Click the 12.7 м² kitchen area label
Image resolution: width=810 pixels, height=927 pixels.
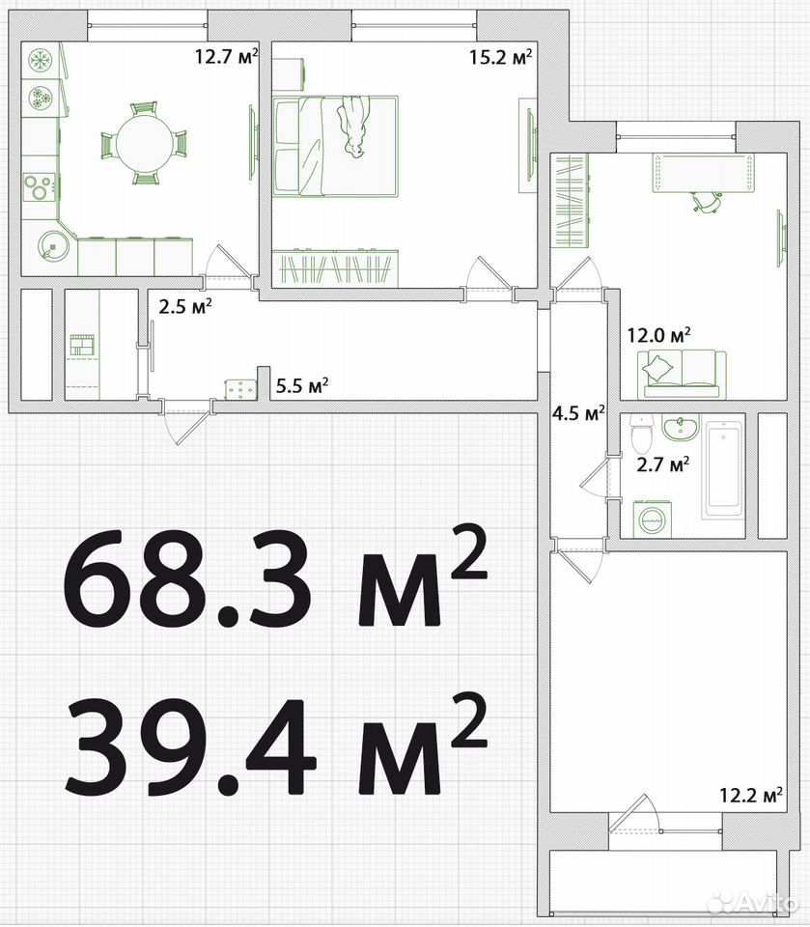(227, 56)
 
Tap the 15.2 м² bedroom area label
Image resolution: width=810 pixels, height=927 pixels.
(501, 56)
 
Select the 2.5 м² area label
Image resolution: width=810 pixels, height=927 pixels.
(185, 306)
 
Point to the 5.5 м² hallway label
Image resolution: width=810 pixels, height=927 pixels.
(302, 386)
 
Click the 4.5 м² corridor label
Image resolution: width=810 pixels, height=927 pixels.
(577, 412)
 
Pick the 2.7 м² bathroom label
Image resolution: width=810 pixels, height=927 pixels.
(663, 464)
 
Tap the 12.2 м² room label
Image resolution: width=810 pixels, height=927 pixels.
(751, 795)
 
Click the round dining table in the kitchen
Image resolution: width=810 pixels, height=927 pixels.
(143, 144)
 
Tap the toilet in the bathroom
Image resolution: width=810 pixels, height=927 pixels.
(641, 434)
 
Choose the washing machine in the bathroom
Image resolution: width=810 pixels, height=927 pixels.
(654, 520)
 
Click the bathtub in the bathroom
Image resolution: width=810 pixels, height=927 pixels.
(724, 470)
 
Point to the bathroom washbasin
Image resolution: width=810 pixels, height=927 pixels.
(681, 428)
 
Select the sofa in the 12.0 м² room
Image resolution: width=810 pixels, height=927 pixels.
(683, 374)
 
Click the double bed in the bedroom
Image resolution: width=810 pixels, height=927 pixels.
(336, 146)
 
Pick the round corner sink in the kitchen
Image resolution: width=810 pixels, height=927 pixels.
(53, 244)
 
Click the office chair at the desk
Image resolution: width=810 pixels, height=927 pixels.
(707, 201)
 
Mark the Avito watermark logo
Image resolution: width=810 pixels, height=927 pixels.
(751, 903)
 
